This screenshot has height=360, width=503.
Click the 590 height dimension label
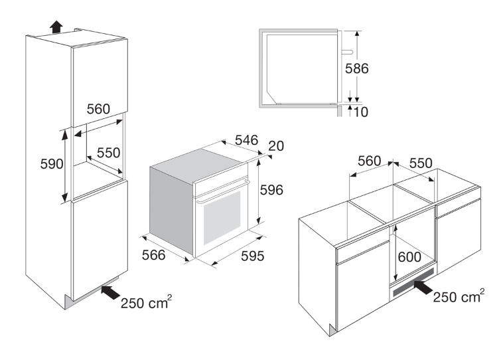tap(51, 164)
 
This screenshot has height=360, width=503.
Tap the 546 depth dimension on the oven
tap(246, 140)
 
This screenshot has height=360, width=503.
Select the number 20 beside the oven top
tap(276, 146)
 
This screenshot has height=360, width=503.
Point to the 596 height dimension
tap(271, 190)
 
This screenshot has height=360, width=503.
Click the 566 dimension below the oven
tap(153, 255)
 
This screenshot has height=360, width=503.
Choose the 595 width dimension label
tap(252, 256)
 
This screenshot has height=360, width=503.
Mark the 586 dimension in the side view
tap(357, 68)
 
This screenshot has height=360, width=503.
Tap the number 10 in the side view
tap(360, 112)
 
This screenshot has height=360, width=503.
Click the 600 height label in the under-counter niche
tap(409, 257)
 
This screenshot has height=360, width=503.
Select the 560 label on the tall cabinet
tap(98, 109)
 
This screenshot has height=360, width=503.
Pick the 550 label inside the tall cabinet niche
tap(108, 153)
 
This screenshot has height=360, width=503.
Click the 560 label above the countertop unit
tap(369, 161)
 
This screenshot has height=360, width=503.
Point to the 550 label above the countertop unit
tap(421, 163)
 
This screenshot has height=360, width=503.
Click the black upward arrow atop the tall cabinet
tap(56, 27)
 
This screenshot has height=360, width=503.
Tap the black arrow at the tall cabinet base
tap(110, 292)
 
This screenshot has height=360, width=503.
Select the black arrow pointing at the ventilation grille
tap(423, 287)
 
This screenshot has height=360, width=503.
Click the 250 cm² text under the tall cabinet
tap(146, 302)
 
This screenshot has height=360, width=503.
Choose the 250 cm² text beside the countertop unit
tap(459, 296)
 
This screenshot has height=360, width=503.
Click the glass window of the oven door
tap(222, 217)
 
